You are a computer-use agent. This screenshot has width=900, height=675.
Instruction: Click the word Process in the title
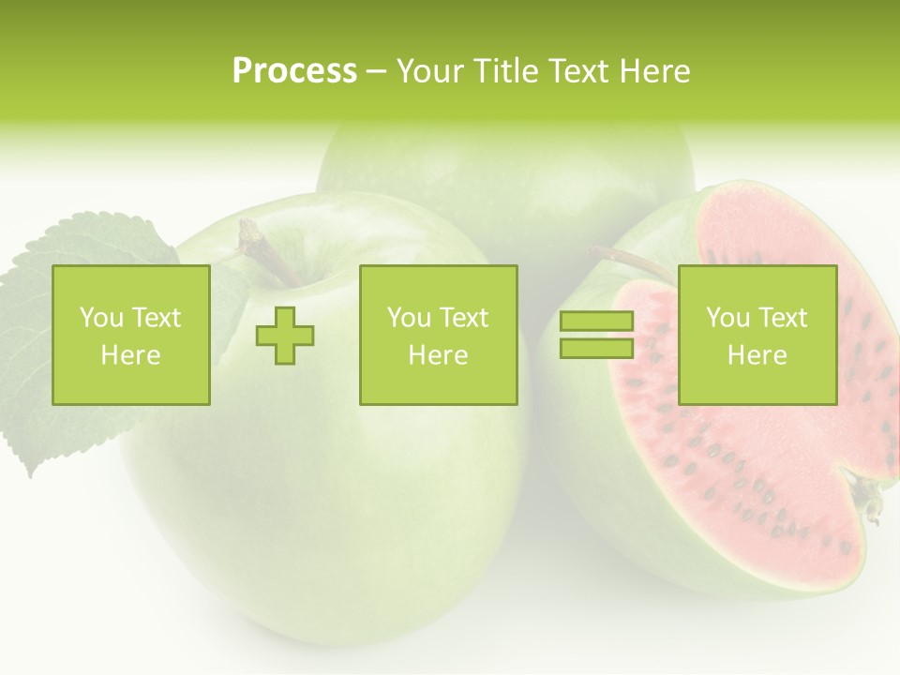[294, 70]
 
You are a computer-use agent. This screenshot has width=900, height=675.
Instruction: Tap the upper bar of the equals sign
[596, 322]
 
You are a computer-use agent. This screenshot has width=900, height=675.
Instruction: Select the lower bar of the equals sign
[596, 348]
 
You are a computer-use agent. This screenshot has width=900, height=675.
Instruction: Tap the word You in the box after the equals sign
[727, 318]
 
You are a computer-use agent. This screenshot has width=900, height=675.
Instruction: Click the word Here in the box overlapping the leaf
[130, 355]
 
